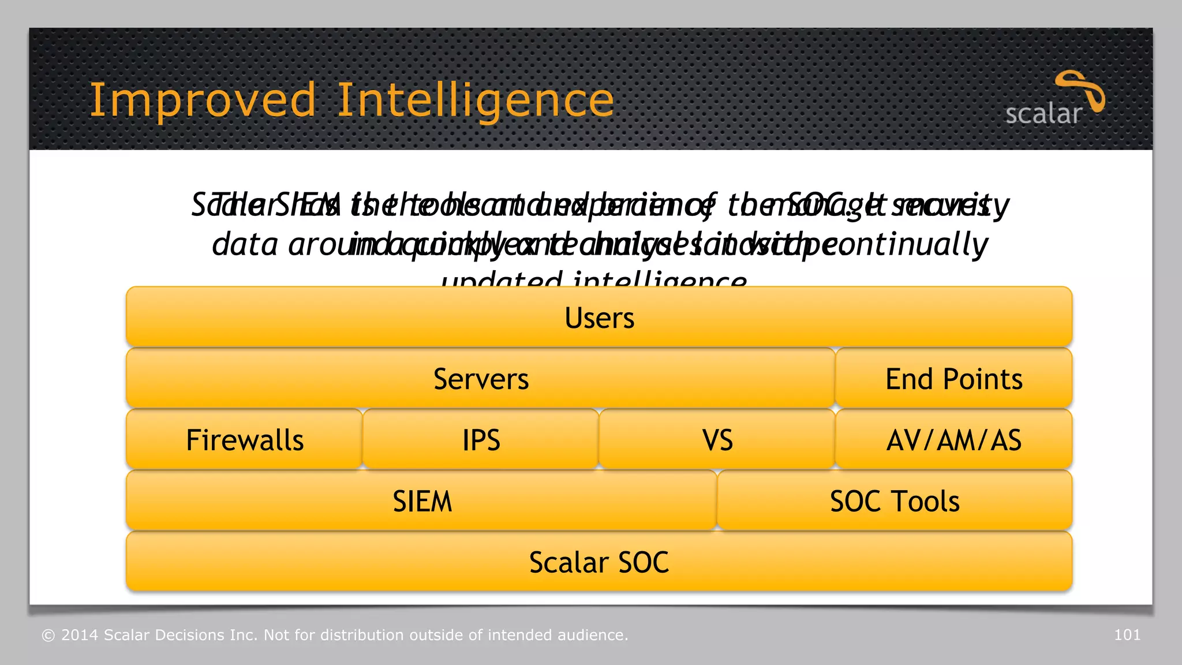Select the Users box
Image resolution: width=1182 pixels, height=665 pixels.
(599, 317)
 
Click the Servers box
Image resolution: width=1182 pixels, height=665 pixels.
(480, 379)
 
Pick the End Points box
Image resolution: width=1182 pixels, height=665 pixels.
(953, 379)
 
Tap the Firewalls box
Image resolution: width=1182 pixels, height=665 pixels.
(244, 440)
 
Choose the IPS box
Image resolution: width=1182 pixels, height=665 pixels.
(481, 440)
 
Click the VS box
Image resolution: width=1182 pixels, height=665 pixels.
(717, 440)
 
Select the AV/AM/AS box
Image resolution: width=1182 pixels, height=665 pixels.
(953, 440)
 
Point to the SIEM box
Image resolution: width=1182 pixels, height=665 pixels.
(422, 501)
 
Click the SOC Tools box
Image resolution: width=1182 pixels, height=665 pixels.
(894, 501)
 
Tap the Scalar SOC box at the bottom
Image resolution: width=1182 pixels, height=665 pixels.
(599, 562)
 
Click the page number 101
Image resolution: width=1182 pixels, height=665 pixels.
(1127, 635)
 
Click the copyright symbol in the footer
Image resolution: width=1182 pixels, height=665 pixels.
(48, 636)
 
